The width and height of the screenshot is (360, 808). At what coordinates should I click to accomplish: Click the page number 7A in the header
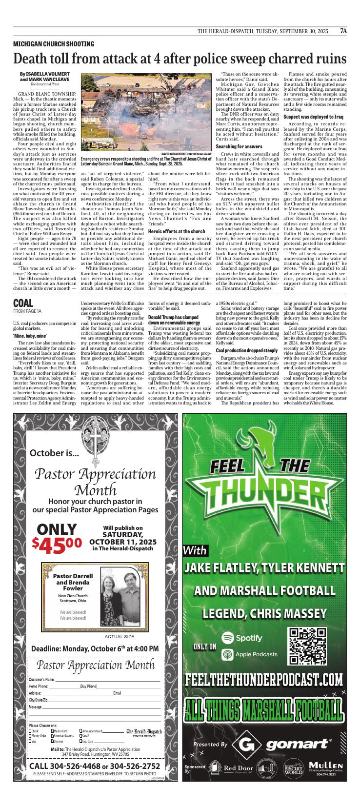pos(343,31)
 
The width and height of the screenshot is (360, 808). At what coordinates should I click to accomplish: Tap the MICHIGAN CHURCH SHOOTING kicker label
pos(54,44)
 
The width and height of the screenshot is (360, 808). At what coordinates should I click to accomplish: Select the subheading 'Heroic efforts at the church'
pos(177,231)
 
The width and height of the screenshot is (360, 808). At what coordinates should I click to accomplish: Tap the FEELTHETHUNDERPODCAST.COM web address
pos(264,679)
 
